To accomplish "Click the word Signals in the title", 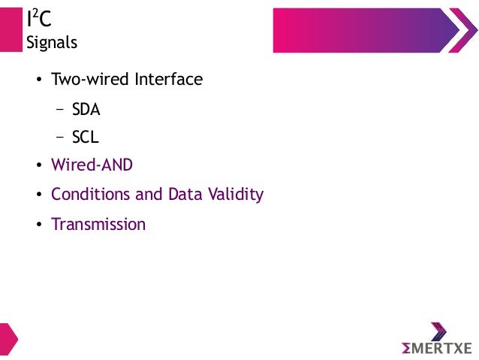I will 52,43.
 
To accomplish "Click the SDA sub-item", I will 86,109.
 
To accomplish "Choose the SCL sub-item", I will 85,138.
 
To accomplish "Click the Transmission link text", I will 98,224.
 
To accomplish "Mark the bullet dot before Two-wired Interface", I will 39,80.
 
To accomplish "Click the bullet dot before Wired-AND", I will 39,166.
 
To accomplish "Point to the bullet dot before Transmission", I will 39,225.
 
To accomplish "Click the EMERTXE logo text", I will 436,348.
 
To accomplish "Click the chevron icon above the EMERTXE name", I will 438,331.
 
